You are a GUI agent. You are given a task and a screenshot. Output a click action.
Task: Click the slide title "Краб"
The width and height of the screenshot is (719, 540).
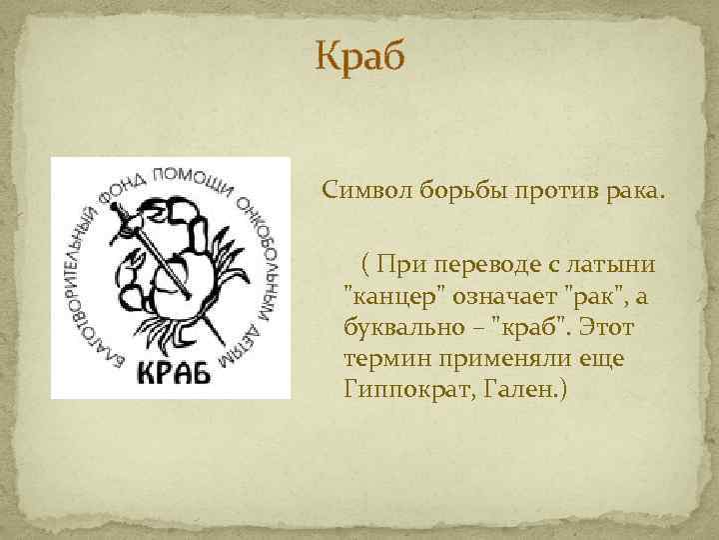click(359, 58)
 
